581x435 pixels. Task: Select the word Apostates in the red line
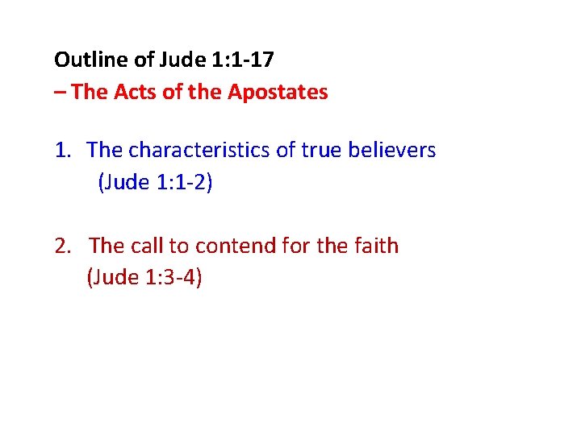278,92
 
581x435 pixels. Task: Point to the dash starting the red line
61,92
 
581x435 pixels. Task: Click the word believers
398,150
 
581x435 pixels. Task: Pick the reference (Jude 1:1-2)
155,183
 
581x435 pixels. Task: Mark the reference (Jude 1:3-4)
144,278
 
